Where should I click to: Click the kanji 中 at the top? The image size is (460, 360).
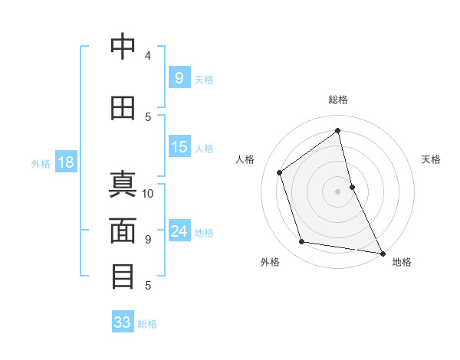[123, 47]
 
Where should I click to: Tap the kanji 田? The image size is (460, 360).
[123, 107]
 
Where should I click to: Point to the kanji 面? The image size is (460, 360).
[123, 230]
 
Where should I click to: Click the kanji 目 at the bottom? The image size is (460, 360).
[123, 276]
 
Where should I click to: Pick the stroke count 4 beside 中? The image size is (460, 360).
[148, 56]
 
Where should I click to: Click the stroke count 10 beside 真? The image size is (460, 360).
[148, 193]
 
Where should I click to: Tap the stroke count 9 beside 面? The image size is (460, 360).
[148, 239]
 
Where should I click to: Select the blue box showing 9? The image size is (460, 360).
[179, 77]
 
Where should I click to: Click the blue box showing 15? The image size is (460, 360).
[179, 147]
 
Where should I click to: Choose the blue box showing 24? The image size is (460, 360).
[179, 231]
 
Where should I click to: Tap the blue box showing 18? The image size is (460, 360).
[65, 162]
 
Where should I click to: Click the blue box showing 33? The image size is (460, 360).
[123, 322]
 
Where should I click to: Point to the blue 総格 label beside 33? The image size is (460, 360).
[147, 324]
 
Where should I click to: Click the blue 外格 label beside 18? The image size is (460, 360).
[40, 163]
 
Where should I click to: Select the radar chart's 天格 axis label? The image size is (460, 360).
[431, 159]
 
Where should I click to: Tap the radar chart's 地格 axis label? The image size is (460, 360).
[402, 262]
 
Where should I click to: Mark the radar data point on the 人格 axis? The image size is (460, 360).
[280, 172]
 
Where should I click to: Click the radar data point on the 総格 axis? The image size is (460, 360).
[337, 131]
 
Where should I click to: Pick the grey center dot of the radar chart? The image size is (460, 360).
[337, 191]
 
